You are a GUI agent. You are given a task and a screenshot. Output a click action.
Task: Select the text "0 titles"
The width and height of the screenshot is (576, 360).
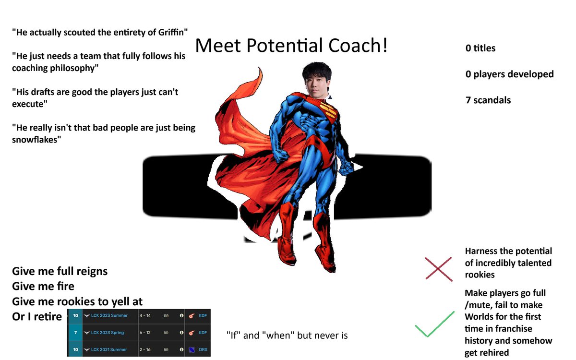tap(480, 48)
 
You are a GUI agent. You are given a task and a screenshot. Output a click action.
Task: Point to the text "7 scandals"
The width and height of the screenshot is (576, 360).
tap(488, 100)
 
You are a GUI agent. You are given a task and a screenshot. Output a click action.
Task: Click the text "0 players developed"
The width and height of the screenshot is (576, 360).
tap(509, 74)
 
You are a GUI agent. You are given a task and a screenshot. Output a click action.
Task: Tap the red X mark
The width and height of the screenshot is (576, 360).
tap(438, 269)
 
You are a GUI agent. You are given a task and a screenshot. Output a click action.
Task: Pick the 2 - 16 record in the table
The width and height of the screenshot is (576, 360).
tap(145, 349)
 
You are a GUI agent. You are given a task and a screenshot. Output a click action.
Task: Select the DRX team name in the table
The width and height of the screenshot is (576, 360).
tap(203, 349)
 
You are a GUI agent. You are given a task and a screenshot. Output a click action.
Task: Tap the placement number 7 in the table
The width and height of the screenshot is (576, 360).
tap(75, 332)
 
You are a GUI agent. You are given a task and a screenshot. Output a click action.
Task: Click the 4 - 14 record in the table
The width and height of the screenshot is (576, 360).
tap(145, 315)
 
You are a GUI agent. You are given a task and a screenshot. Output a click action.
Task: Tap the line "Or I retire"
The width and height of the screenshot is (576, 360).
tap(37, 317)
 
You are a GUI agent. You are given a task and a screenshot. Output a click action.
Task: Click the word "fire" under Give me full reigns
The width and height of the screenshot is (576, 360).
tap(64, 287)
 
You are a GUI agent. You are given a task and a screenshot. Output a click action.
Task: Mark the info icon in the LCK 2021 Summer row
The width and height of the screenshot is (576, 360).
tap(181, 349)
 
